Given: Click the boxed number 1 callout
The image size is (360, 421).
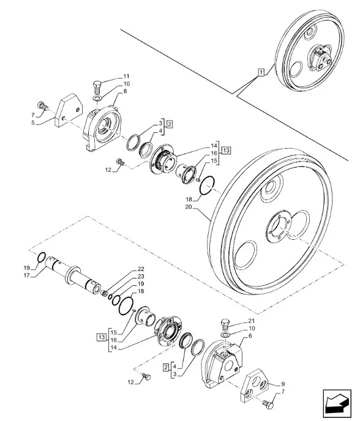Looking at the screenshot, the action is (x=261, y=72).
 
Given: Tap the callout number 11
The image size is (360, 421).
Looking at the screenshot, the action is (x=126, y=76).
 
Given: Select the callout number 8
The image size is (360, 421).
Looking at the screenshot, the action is (x=125, y=91).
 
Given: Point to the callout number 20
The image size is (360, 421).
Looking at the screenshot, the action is (x=189, y=207).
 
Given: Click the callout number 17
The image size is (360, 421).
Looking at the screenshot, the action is (x=26, y=275).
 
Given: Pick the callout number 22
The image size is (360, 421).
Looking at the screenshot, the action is (x=141, y=269).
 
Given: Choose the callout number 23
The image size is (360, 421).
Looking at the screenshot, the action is (x=141, y=277).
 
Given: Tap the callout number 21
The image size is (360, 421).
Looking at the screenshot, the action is (x=252, y=321).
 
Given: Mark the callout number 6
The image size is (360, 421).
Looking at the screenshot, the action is (x=250, y=335).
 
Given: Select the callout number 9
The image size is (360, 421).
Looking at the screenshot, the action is (x=283, y=384).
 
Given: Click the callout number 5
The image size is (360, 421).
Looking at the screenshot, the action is (x=33, y=123).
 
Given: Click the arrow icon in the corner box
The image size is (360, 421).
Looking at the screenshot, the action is (x=337, y=403).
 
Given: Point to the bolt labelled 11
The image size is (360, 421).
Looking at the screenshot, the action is (x=97, y=86).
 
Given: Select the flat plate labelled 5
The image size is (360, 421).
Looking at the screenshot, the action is (x=68, y=110).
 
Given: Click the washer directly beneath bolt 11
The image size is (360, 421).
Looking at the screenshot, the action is (x=97, y=99).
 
